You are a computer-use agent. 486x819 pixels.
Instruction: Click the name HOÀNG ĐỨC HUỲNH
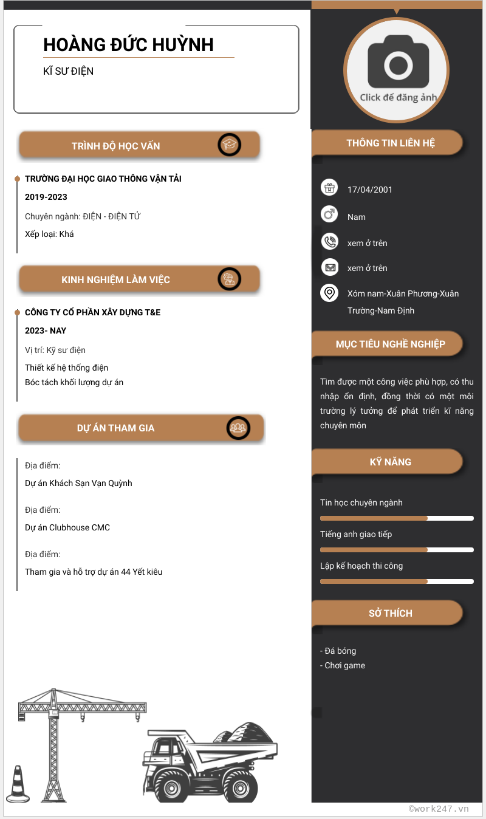pyautogui.click(x=128, y=45)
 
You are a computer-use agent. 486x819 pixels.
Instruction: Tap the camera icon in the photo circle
pyautogui.click(x=398, y=65)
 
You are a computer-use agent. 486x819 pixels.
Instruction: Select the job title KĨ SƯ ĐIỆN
pyautogui.click(x=68, y=71)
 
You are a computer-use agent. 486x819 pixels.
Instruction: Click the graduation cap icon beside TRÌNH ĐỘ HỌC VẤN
pyautogui.click(x=230, y=145)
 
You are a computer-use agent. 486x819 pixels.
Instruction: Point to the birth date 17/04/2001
pyautogui.click(x=369, y=190)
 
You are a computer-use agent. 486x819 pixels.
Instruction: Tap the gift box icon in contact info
pyautogui.click(x=329, y=188)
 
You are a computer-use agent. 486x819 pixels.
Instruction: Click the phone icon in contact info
pyautogui.click(x=329, y=242)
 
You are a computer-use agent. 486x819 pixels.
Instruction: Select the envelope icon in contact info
pyautogui.click(x=329, y=267)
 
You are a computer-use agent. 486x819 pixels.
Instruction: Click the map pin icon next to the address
pyautogui.click(x=329, y=293)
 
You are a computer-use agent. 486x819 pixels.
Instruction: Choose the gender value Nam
pyautogui.click(x=357, y=217)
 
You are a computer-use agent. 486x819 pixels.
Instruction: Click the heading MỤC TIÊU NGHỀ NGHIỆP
pyautogui.click(x=390, y=344)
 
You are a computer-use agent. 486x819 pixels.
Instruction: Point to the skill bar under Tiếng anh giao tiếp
pyautogui.click(x=397, y=550)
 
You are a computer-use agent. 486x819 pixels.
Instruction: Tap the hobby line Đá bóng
pyautogui.click(x=340, y=651)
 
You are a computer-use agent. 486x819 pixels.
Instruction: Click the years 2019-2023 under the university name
pyautogui.click(x=46, y=197)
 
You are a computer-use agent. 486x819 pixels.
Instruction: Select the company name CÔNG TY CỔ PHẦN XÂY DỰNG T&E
pyautogui.click(x=92, y=312)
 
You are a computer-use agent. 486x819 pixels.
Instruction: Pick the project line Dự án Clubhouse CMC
pyautogui.click(x=67, y=527)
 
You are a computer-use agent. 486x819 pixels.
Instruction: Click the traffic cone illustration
pyautogui.click(x=18, y=784)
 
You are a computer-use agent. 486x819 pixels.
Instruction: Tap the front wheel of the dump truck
pyautogui.click(x=166, y=785)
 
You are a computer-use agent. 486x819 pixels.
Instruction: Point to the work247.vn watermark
pyautogui.click(x=439, y=809)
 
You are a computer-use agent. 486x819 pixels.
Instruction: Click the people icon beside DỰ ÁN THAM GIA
pyautogui.click(x=239, y=428)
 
